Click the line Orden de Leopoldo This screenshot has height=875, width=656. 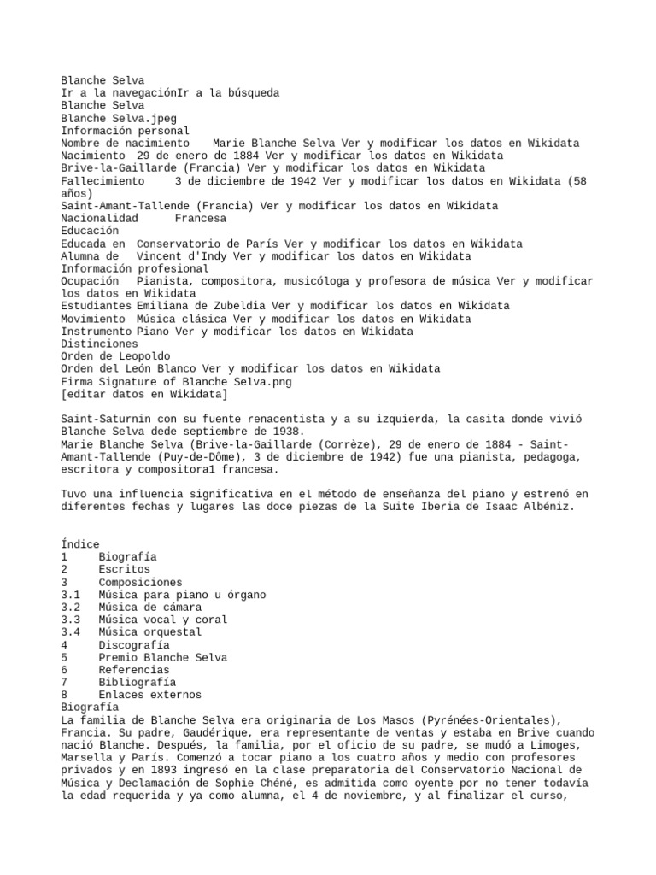[x=115, y=356]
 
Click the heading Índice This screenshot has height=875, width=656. [x=80, y=544]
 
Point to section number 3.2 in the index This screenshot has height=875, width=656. [x=72, y=608]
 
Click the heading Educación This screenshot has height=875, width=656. [x=90, y=231]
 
